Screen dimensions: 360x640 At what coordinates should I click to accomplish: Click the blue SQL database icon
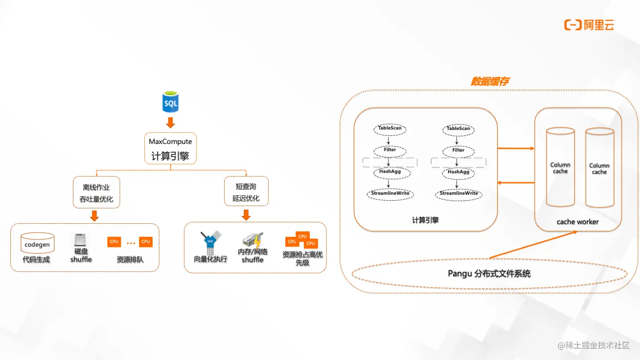171,102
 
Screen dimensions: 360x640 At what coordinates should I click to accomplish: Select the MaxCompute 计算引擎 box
171,148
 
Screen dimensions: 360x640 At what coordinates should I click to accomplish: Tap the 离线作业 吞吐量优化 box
96,193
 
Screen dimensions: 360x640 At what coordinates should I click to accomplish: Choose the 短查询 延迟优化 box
246,192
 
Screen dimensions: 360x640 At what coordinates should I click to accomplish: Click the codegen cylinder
37,244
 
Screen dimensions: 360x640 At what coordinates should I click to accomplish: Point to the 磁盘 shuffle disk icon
81,240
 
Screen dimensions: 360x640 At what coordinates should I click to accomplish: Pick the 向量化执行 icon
211,242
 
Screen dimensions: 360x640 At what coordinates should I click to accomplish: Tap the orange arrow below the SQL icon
171,122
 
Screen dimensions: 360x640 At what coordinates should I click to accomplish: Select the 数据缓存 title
490,81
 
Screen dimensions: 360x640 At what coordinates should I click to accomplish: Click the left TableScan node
390,128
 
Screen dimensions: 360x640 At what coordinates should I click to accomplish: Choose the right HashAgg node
458,172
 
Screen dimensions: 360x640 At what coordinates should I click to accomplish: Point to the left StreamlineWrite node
390,193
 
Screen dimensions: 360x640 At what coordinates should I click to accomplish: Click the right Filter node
458,150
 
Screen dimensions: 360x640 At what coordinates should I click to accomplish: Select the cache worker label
577,222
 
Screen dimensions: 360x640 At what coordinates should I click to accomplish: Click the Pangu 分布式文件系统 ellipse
489,273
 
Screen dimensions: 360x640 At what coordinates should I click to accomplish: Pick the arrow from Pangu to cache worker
534,245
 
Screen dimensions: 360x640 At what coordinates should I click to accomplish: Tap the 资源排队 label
130,260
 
